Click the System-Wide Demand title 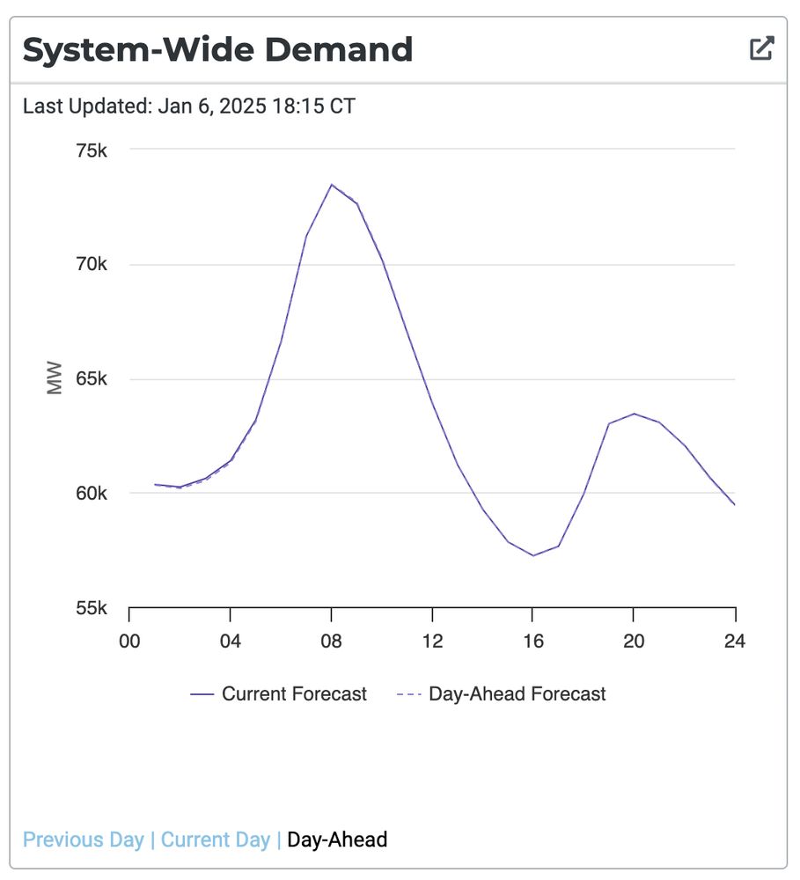[217, 49]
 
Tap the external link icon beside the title [761, 48]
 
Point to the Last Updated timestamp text [189, 106]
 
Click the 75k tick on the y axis [91, 150]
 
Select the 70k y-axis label [91, 265]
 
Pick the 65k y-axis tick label [91, 379]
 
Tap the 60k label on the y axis [91, 494]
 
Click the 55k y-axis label [91, 608]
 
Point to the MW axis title [55, 379]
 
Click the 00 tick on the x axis [129, 641]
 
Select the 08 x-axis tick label [331, 641]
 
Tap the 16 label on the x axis [532, 641]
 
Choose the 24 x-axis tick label [734, 641]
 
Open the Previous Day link [84, 840]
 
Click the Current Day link [215, 840]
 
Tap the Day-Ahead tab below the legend [337, 840]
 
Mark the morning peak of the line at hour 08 [331, 185]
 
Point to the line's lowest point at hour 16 [532, 555]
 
